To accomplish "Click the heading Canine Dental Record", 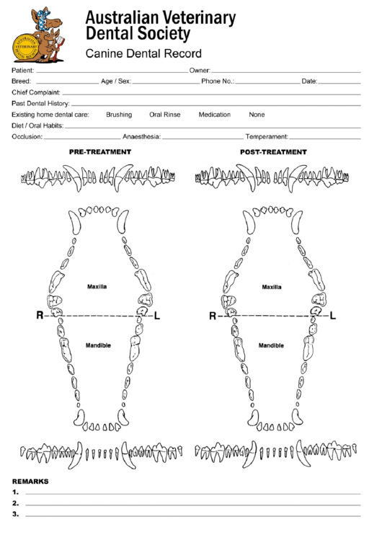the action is (143, 53).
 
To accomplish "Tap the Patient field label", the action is (23, 71).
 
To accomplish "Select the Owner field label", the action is (199, 71).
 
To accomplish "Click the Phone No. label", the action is (218, 81).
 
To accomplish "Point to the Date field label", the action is (309, 81).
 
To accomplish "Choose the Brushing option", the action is (119, 115).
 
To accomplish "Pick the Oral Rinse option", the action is (164, 115).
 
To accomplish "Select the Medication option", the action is (214, 115).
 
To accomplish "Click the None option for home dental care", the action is (257, 115).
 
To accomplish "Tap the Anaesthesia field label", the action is (141, 136).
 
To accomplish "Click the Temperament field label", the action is (267, 136).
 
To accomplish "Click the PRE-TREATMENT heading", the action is (100, 152).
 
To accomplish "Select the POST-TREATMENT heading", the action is (273, 152).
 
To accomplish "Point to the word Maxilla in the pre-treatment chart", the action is (97, 286).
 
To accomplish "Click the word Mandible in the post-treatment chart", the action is (271, 345).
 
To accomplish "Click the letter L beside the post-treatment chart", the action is (332, 316).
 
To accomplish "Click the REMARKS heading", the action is (30, 481).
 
